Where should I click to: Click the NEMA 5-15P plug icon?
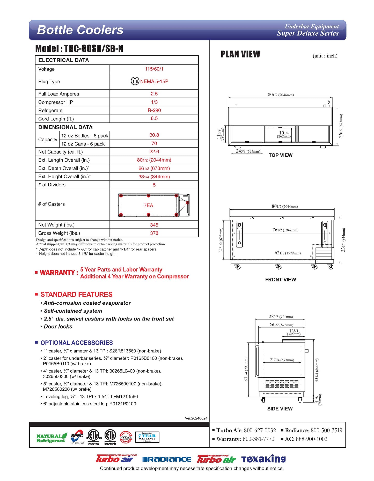pyautogui.click(x=135, y=81)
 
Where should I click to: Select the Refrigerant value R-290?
pyautogui.click(x=154, y=110)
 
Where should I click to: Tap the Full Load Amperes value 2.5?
pyautogui.click(x=154, y=94)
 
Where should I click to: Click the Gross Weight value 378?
pyautogui.click(x=154, y=233)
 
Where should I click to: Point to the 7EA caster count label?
pyautogui.click(x=148, y=205)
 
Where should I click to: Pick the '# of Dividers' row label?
pyautogui.click(x=52, y=185)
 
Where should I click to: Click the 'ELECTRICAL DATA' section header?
pyautogui.click(x=64, y=60)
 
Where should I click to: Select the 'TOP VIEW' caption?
pyautogui.click(x=280, y=155)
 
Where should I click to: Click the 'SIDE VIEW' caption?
pyautogui.click(x=280, y=409)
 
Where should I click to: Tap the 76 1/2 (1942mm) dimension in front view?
pyautogui.click(x=285, y=230)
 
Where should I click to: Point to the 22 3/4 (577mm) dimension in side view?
pyautogui.click(x=282, y=360)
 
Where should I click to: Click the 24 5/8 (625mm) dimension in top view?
pyautogui.click(x=248, y=151)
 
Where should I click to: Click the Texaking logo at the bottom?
pyautogui.click(x=263, y=459)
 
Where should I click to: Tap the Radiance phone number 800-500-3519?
pyautogui.click(x=326, y=430)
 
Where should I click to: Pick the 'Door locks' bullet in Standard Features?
pyautogui.click(x=58, y=326)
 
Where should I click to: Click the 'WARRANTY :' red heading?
pyautogui.click(x=59, y=273)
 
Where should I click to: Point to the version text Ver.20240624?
pyautogui.click(x=196, y=418)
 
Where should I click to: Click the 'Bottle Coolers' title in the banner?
pyautogui.click(x=80, y=30)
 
